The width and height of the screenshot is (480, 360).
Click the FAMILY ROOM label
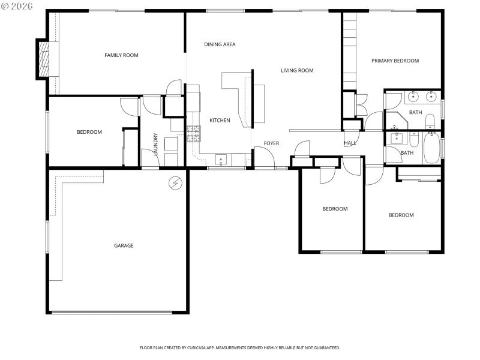(121, 55)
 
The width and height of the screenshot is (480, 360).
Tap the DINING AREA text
(220, 44)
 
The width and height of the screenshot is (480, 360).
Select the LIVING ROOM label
(297, 70)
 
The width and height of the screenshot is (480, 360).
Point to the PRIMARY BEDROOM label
(395, 61)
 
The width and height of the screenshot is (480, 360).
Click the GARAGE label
(124, 245)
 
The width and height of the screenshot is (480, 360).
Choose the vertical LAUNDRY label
(155, 144)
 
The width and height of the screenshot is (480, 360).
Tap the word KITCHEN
(220, 121)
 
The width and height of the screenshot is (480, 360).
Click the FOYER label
(271, 143)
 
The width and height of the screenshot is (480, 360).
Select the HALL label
(350, 143)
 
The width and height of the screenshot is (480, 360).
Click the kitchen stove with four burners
(193, 133)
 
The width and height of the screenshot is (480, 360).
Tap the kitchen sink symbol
(221, 160)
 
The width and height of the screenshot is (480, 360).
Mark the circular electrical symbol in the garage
(176, 182)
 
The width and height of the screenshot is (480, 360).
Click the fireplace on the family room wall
(43, 59)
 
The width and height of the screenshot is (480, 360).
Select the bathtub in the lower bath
(431, 148)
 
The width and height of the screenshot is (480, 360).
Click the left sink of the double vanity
(414, 96)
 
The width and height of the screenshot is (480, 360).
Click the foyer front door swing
(264, 157)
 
